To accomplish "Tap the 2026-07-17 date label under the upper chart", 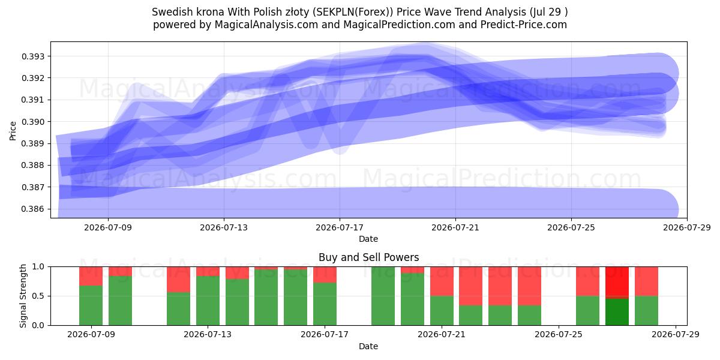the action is click(x=340, y=227).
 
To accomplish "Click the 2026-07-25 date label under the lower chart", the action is click(x=559, y=334).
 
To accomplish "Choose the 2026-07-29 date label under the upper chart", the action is click(x=687, y=227).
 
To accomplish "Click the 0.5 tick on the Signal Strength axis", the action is click(x=38, y=296).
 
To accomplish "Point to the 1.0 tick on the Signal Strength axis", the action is click(x=38, y=267).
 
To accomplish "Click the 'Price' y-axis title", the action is click(x=13, y=131).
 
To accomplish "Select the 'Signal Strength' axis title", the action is click(x=23, y=296).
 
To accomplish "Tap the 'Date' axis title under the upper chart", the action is click(x=368, y=239).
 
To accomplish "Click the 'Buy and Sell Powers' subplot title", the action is click(x=368, y=257).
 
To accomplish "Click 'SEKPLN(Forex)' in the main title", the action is click(x=352, y=12).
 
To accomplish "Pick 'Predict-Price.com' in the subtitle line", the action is click(x=524, y=25).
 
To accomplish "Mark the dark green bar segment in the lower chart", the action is click(x=617, y=312).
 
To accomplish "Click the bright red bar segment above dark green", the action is click(x=617, y=283).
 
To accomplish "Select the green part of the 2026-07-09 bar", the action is click(x=91, y=305).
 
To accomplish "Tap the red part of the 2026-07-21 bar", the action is click(x=442, y=281).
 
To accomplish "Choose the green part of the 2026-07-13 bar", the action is click(x=208, y=301).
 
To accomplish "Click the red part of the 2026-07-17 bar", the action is click(x=325, y=275).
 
